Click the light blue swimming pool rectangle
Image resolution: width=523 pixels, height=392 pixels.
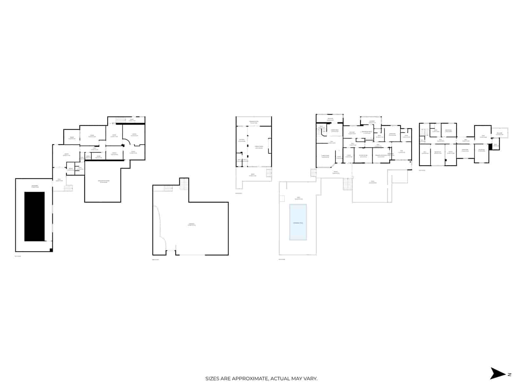298,222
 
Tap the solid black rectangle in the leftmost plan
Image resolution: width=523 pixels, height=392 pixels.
35,216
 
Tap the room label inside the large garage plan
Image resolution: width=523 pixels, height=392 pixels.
192,224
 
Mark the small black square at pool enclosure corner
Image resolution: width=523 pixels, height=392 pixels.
51,250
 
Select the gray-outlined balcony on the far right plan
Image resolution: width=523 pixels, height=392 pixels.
499,133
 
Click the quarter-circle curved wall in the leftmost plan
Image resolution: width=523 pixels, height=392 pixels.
128,141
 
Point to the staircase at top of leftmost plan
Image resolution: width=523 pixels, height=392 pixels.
121,121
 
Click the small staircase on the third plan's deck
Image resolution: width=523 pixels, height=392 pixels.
269,173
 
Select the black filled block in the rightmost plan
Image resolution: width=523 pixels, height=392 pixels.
490,147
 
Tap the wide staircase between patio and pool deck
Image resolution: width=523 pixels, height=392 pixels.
348,184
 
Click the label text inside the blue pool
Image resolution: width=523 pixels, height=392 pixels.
298,223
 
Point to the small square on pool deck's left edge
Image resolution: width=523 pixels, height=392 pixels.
282,198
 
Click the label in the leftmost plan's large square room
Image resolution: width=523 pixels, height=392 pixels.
104,182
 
